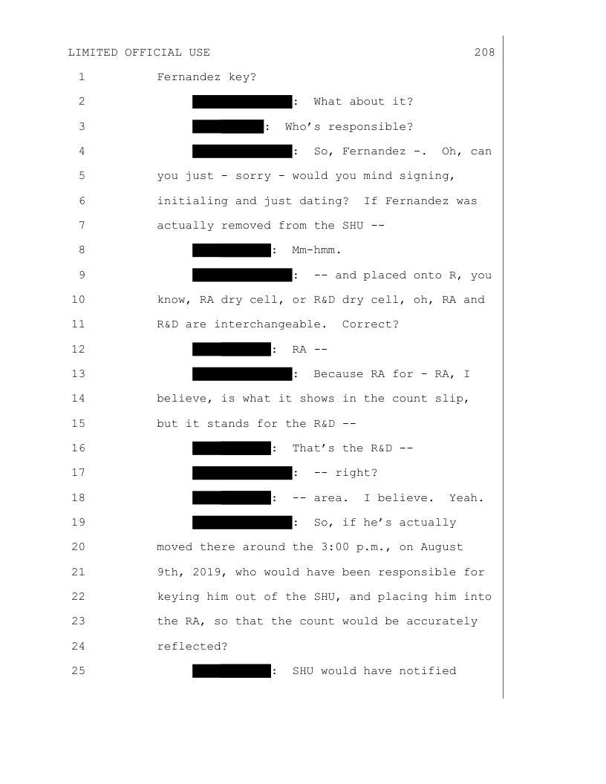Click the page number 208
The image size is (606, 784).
[x=484, y=53]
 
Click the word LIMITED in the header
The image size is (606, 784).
[x=93, y=53]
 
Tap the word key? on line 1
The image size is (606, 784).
[x=243, y=77]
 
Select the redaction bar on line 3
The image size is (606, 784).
[x=228, y=126]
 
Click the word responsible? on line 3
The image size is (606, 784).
[x=371, y=127]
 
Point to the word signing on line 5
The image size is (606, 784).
[x=427, y=176]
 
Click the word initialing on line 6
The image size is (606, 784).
[x=192, y=201]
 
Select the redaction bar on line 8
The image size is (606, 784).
[x=232, y=250]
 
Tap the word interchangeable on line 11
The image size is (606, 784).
[x=270, y=324]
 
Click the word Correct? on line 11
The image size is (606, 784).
[x=371, y=324]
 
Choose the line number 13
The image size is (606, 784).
[x=79, y=373]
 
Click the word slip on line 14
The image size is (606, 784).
[x=452, y=399]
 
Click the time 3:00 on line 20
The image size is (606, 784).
[x=335, y=547]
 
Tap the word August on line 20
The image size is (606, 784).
[x=441, y=547]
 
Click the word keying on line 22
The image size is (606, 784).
[x=178, y=597]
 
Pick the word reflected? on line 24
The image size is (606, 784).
[x=192, y=647]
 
